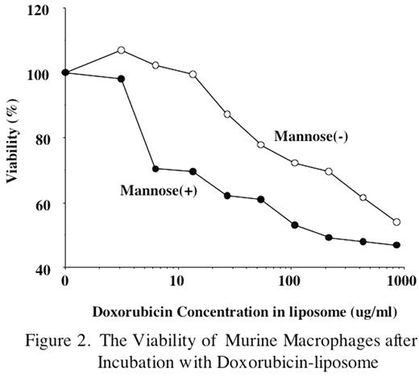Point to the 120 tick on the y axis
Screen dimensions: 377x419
pyautogui.click(x=38, y=10)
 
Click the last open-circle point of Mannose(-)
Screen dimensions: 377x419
pyautogui.click(x=396, y=222)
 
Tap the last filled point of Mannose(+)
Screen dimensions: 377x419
pyautogui.click(x=396, y=245)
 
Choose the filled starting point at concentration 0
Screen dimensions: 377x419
pyautogui.click(x=65, y=72)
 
